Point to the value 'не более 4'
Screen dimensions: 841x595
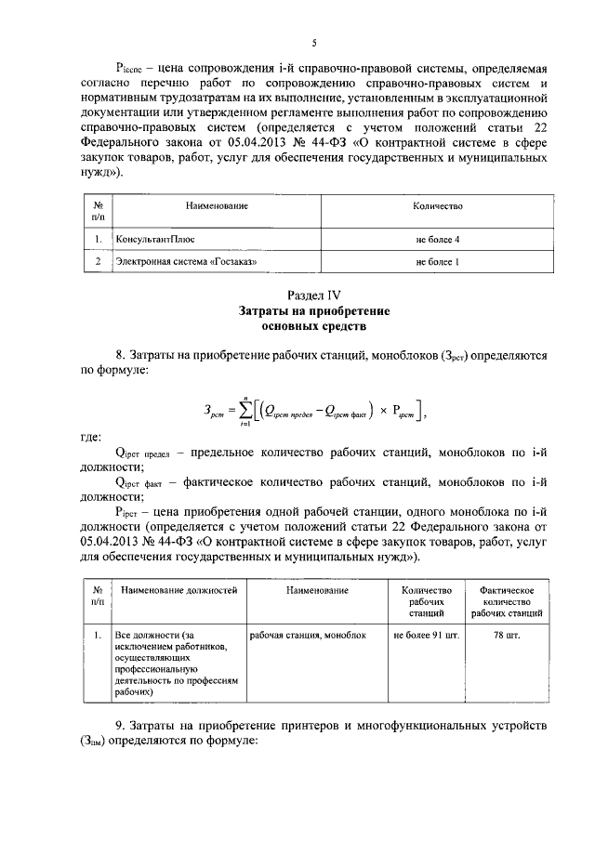point(438,240)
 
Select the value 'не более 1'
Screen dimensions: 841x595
point(438,262)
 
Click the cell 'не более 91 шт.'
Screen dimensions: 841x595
point(426,635)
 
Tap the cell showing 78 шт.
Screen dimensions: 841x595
point(508,635)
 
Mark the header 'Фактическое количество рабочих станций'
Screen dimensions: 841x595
point(508,601)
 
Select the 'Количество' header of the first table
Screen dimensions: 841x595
point(438,205)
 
